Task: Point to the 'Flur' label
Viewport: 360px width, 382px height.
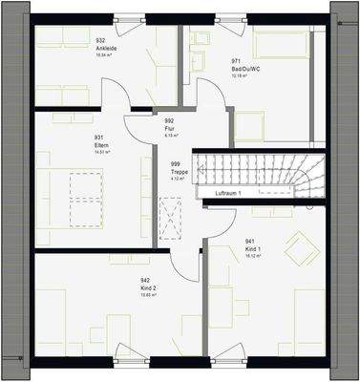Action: click(x=169, y=129)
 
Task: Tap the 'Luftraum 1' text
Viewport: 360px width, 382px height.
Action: click(x=226, y=194)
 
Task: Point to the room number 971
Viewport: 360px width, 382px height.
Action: click(x=235, y=61)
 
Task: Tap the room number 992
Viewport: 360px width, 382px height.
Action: click(x=169, y=122)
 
